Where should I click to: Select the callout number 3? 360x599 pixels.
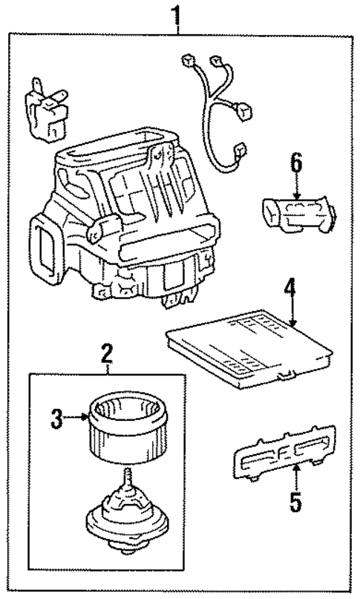[x=56, y=419]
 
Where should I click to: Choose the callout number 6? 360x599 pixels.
[x=296, y=163]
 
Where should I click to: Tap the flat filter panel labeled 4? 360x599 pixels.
[x=249, y=349]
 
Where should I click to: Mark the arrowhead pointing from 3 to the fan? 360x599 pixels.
[x=85, y=418]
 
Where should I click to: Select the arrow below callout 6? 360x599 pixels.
[x=296, y=187]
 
